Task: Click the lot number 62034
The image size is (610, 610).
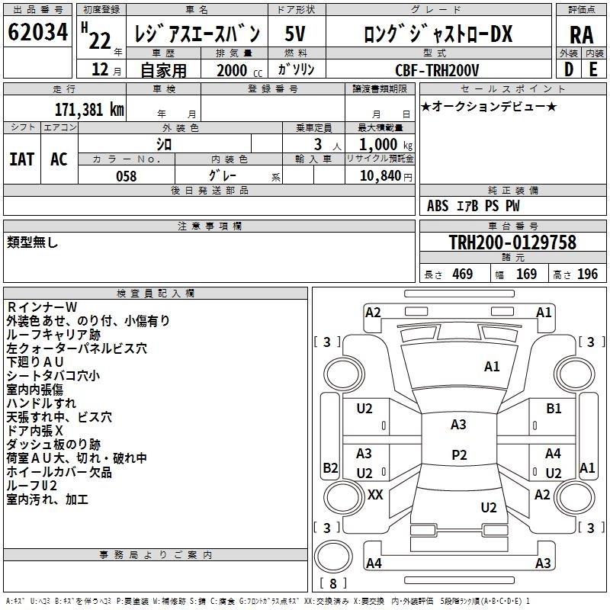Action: coord(37,31)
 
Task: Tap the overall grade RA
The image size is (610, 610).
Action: coord(581,35)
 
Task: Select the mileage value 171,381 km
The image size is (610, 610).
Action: coord(89,109)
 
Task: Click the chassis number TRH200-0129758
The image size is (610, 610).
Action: coord(512,242)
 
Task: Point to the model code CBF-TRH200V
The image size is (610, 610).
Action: coord(437,70)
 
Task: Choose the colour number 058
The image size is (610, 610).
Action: coord(126,176)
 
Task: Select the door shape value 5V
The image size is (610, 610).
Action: coord(295,34)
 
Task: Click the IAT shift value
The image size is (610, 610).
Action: coord(22,159)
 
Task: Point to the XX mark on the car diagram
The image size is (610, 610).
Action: coord(375,495)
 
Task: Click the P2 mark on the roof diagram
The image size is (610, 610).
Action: coord(459,454)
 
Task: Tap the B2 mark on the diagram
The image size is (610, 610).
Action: coord(330,467)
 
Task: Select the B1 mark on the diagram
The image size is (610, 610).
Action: coord(554,409)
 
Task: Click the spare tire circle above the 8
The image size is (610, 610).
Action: coord(333,557)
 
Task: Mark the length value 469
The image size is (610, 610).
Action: coord(463,274)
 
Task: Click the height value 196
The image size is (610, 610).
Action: coord(587,274)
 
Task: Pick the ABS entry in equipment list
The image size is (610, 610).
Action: coord(438,206)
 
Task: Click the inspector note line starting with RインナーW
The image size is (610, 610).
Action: coord(42,307)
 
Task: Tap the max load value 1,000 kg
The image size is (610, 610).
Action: coord(386,145)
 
